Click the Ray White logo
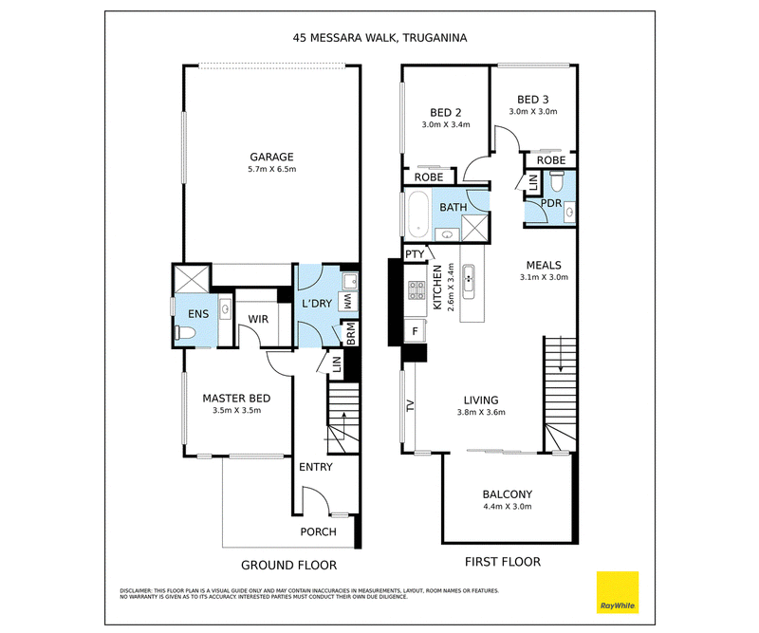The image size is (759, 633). (x=618, y=592)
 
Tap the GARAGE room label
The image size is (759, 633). (x=271, y=157)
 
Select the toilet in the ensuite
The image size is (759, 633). (x=185, y=332)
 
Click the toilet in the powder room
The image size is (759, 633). (x=556, y=181)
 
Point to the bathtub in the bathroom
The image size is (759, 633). (x=418, y=214)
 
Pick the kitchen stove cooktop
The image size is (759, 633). (x=417, y=290)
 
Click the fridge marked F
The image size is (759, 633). (x=415, y=331)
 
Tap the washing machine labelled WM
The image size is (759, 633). (x=347, y=301)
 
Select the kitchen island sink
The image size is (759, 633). (x=469, y=282)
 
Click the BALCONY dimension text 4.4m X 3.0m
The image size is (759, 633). (x=508, y=507)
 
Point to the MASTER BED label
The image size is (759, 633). (x=236, y=398)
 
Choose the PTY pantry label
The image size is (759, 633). (x=415, y=254)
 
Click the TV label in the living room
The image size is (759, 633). (x=411, y=405)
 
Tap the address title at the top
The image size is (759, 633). (x=380, y=38)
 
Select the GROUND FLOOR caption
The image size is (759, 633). (x=289, y=566)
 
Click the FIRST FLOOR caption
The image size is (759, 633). (x=503, y=562)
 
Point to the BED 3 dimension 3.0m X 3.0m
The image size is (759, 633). (x=533, y=111)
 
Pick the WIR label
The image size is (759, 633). (x=258, y=319)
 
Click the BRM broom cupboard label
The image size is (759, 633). (x=351, y=333)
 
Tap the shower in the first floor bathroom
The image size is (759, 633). (x=474, y=228)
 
